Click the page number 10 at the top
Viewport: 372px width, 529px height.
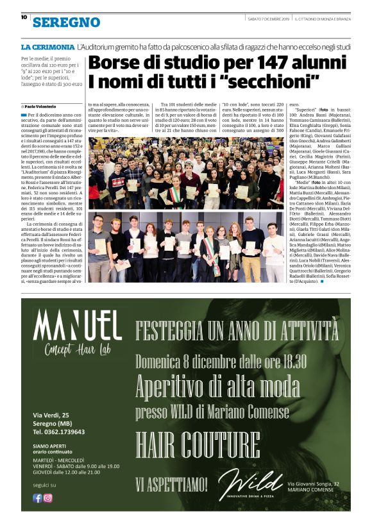24,17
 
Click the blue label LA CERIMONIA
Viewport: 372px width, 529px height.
47,47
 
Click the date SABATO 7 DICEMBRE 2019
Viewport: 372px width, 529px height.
269,19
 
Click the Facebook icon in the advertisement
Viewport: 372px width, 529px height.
37,498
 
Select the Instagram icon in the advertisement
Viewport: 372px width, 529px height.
47,498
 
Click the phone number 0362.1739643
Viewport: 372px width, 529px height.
66,432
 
